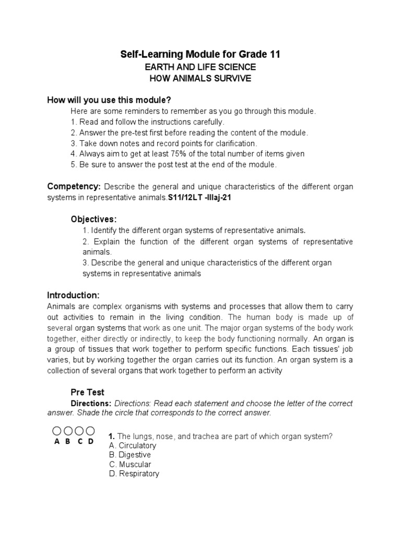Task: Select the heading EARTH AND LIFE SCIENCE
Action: (200, 67)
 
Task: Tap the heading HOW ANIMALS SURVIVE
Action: (200, 79)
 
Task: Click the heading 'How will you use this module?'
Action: (109, 100)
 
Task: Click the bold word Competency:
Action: (74, 186)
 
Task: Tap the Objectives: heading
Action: (93, 219)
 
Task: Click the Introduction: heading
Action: (73, 295)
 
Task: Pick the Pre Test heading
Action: (87, 392)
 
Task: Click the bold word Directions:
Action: (91, 404)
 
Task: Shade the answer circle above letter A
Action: (57, 431)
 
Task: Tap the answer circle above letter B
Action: (68, 431)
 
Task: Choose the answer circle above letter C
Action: (79, 431)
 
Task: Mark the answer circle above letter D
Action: (90, 431)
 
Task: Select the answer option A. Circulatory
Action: (133, 446)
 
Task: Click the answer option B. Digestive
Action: (130, 455)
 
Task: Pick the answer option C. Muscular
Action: (130, 465)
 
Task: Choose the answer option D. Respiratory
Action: (134, 474)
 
